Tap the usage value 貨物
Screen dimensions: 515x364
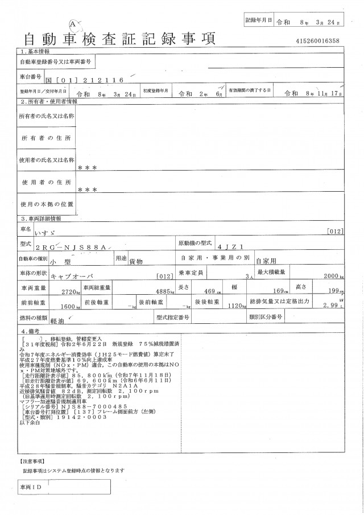tap(135, 262)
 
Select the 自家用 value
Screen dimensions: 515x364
tap(265, 262)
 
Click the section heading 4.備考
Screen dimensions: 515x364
tap(31, 330)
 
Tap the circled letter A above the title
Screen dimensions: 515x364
tap(73, 23)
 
